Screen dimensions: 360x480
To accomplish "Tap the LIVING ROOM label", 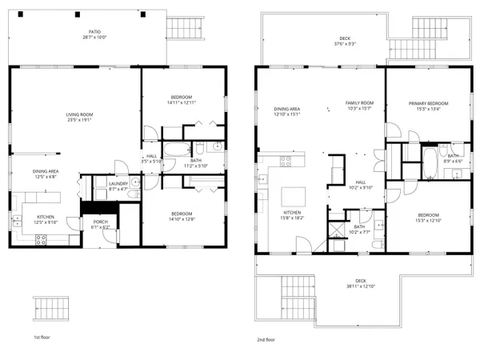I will click(79, 114).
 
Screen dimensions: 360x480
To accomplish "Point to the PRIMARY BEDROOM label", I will click(428, 103).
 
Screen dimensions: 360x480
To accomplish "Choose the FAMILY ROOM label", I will click(359, 103).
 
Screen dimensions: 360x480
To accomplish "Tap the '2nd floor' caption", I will click(266, 338).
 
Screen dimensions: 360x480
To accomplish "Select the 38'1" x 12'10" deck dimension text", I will click(361, 286).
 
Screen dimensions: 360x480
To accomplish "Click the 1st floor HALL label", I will click(152, 156).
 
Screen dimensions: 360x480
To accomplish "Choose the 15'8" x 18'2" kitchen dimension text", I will click(291, 218).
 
